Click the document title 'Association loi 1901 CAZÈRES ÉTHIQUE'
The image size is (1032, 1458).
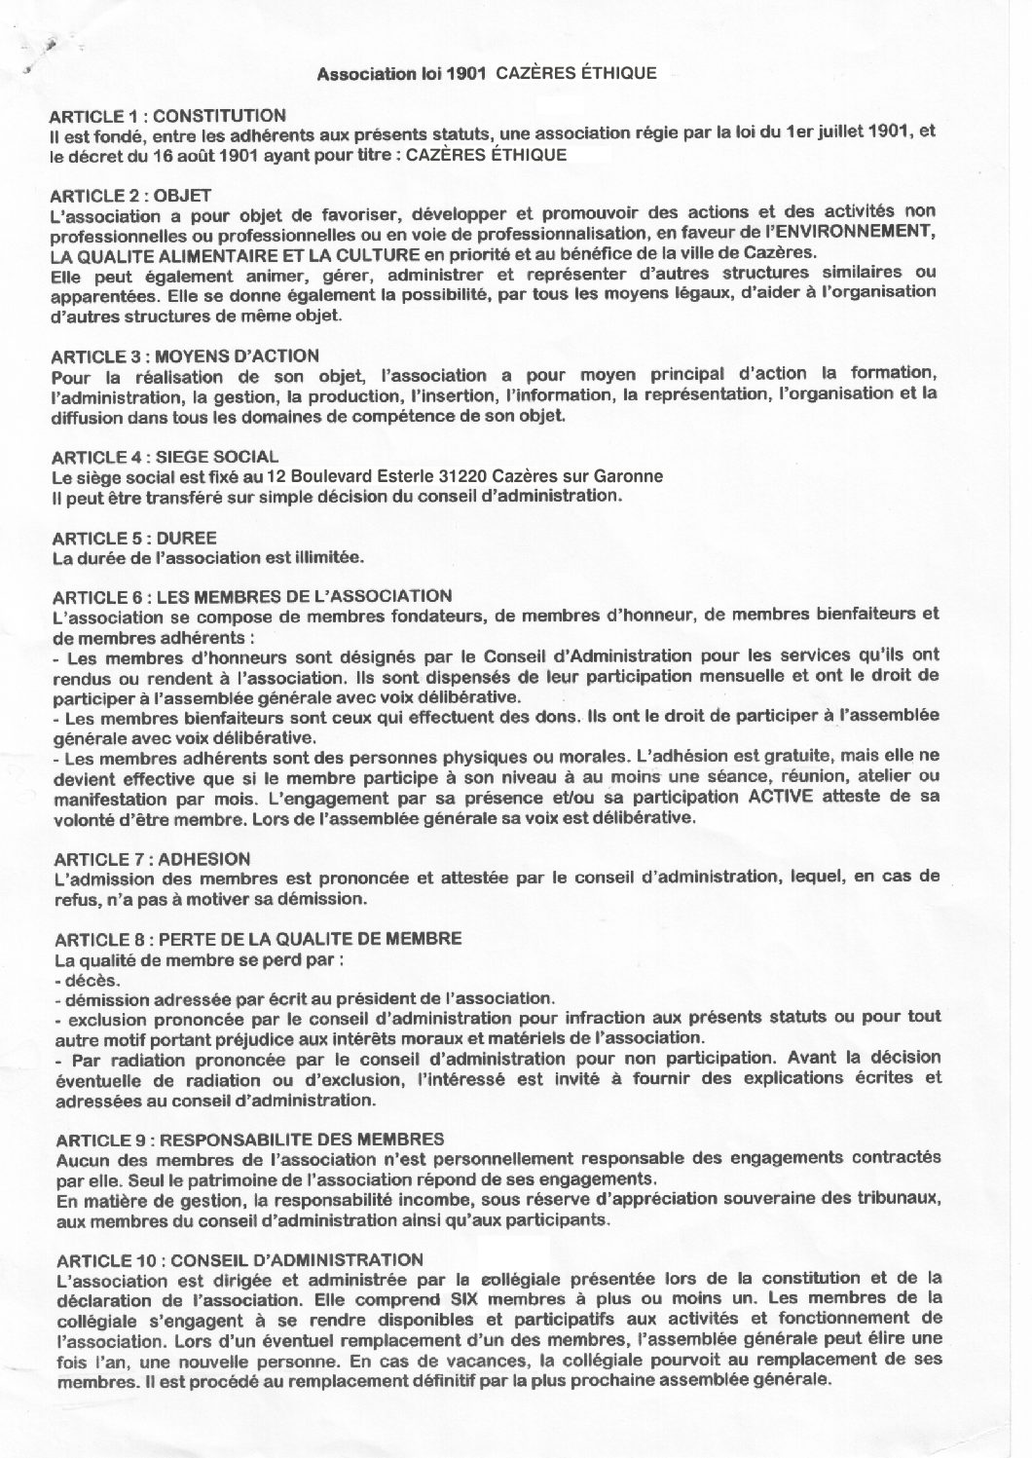coord(488,72)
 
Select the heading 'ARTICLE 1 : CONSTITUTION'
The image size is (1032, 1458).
coord(167,116)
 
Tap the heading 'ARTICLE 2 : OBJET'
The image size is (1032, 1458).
coord(131,196)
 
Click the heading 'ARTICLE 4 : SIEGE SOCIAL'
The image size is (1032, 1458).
coord(164,456)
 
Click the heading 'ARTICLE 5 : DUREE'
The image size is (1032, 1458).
coord(133,538)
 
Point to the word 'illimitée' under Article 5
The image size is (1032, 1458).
coord(329,558)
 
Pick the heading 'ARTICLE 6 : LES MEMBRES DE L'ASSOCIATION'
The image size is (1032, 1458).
coord(251,596)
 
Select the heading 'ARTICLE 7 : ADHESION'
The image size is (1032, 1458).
coord(151,858)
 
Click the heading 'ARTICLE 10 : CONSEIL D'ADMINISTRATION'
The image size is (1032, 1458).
coord(240,1258)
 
